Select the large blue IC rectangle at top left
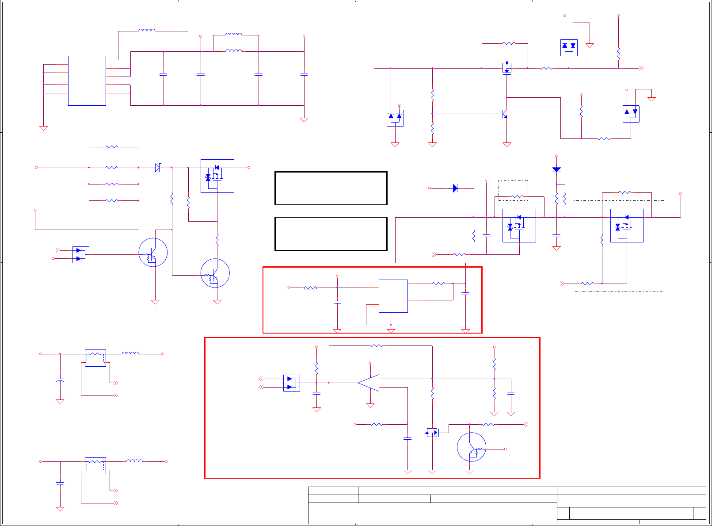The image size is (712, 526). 87,81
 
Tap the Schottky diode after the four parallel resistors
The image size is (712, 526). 158,168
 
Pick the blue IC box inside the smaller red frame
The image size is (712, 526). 393,296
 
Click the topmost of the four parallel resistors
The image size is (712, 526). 112,147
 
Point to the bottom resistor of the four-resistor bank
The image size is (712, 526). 112,200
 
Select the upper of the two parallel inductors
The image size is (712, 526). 233,35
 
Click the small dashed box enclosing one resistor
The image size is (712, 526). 513,190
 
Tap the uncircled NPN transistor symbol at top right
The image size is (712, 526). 505,114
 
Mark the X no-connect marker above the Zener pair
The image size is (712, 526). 399,106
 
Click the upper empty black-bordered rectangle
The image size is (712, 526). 331,188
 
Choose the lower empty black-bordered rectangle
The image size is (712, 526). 331,234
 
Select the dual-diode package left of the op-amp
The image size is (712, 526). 291,383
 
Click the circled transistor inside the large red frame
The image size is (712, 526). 472,447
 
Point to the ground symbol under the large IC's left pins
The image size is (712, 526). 43,128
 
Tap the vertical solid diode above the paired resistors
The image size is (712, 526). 556,169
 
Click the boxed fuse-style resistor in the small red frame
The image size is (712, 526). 310,288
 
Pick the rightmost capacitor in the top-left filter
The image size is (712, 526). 304,75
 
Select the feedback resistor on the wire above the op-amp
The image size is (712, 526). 376,346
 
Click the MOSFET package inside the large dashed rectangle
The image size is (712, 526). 627,226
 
